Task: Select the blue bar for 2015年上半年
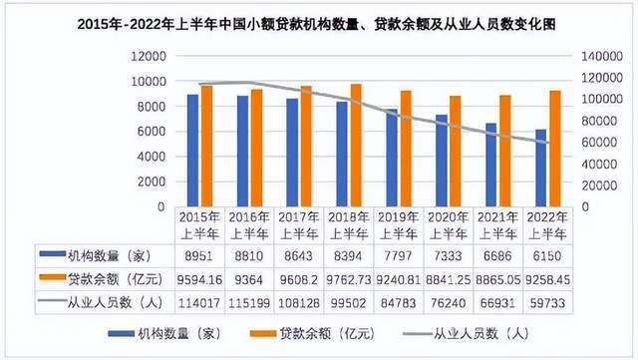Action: click(x=193, y=150)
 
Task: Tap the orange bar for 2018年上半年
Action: click(x=356, y=145)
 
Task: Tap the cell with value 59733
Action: click(x=548, y=302)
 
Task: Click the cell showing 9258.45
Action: click(x=548, y=279)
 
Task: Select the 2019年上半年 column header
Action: click(x=399, y=224)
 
